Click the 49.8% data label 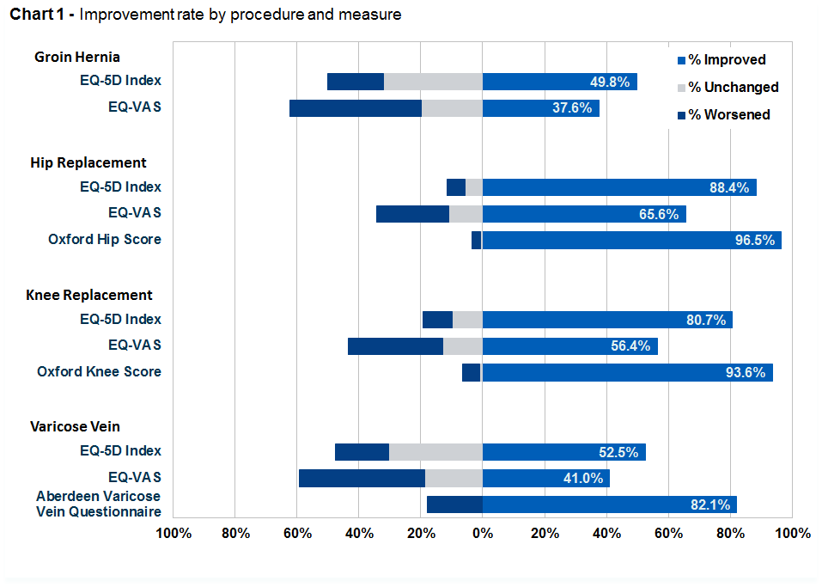click(x=610, y=82)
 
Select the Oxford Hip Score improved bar click(x=631, y=241)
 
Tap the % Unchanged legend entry click(x=728, y=87)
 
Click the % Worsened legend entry click(x=724, y=114)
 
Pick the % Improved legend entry click(x=722, y=60)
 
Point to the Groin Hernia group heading click(x=77, y=57)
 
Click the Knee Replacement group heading click(x=89, y=295)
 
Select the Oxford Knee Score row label click(x=99, y=371)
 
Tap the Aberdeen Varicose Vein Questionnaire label click(x=99, y=504)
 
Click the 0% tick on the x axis click(x=483, y=533)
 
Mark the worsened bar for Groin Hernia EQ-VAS click(x=356, y=108)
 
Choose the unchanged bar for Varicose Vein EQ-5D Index click(x=435, y=452)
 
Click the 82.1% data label click(x=710, y=504)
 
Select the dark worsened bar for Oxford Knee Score click(x=472, y=372)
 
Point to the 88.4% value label click(x=729, y=187)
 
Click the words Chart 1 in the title click(x=37, y=14)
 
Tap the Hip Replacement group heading click(x=88, y=162)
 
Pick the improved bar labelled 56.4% click(x=569, y=346)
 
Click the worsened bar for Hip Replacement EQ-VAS click(x=412, y=214)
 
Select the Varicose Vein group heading click(x=75, y=426)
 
